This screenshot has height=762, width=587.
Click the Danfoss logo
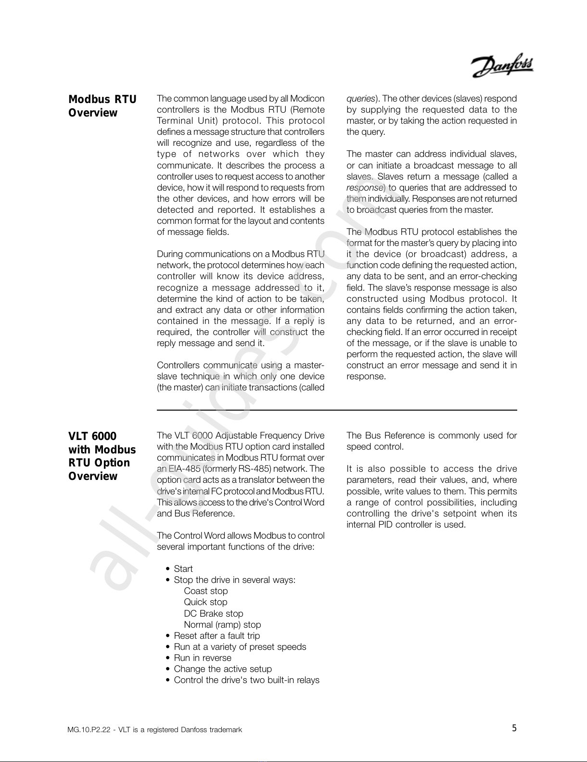(x=502, y=67)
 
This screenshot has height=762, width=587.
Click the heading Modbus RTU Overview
(x=102, y=106)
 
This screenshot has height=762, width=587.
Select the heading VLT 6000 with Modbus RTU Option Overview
(x=102, y=456)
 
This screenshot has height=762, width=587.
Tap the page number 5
(x=514, y=728)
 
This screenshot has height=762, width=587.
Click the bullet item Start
(x=183, y=568)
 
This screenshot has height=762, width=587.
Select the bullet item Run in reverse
(x=202, y=658)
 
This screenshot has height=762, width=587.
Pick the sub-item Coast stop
(x=205, y=591)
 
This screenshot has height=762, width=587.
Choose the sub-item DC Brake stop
(x=213, y=613)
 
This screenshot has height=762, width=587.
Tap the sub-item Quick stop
(x=205, y=602)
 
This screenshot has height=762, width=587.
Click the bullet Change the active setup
(x=222, y=669)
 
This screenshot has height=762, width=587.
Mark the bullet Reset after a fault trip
(x=217, y=635)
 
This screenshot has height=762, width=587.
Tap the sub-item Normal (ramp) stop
(x=222, y=624)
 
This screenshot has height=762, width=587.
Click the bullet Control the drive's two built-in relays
(x=246, y=680)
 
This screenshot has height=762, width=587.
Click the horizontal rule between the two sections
(x=337, y=410)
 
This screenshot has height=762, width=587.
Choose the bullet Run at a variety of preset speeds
(x=240, y=646)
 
